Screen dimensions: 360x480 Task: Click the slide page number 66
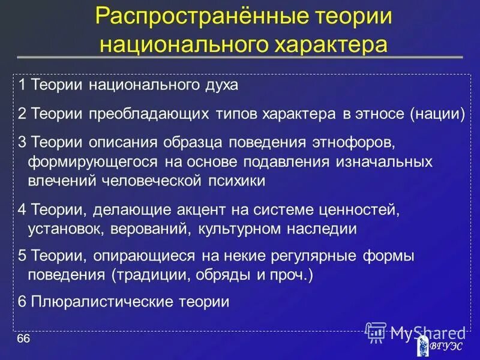[x=23, y=340]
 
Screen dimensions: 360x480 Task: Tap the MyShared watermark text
[x=420, y=333]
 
